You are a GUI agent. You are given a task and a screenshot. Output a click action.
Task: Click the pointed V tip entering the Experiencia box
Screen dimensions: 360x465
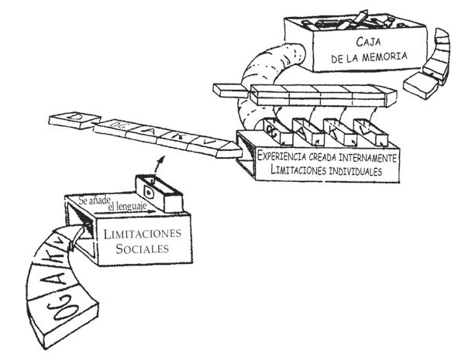(229, 146)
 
